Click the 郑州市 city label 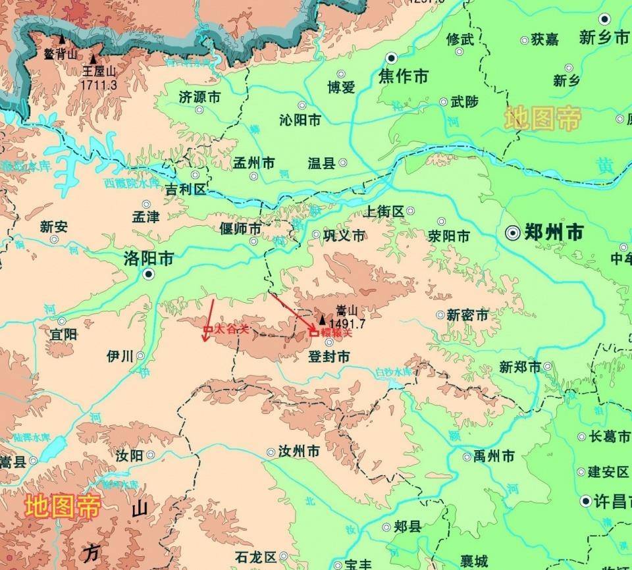click(554, 232)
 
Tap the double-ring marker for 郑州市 click(513, 232)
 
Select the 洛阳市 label click(149, 258)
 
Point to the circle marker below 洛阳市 click(149, 274)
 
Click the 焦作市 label click(403, 77)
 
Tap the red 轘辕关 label click(336, 334)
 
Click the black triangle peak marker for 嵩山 click(321, 321)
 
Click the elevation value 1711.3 click(99, 85)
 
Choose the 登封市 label click(329, 357)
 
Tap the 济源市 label click(199, 97)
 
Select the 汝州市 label click(298, 452)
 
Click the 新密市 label click(467, 315)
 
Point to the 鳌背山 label click(61, 54)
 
